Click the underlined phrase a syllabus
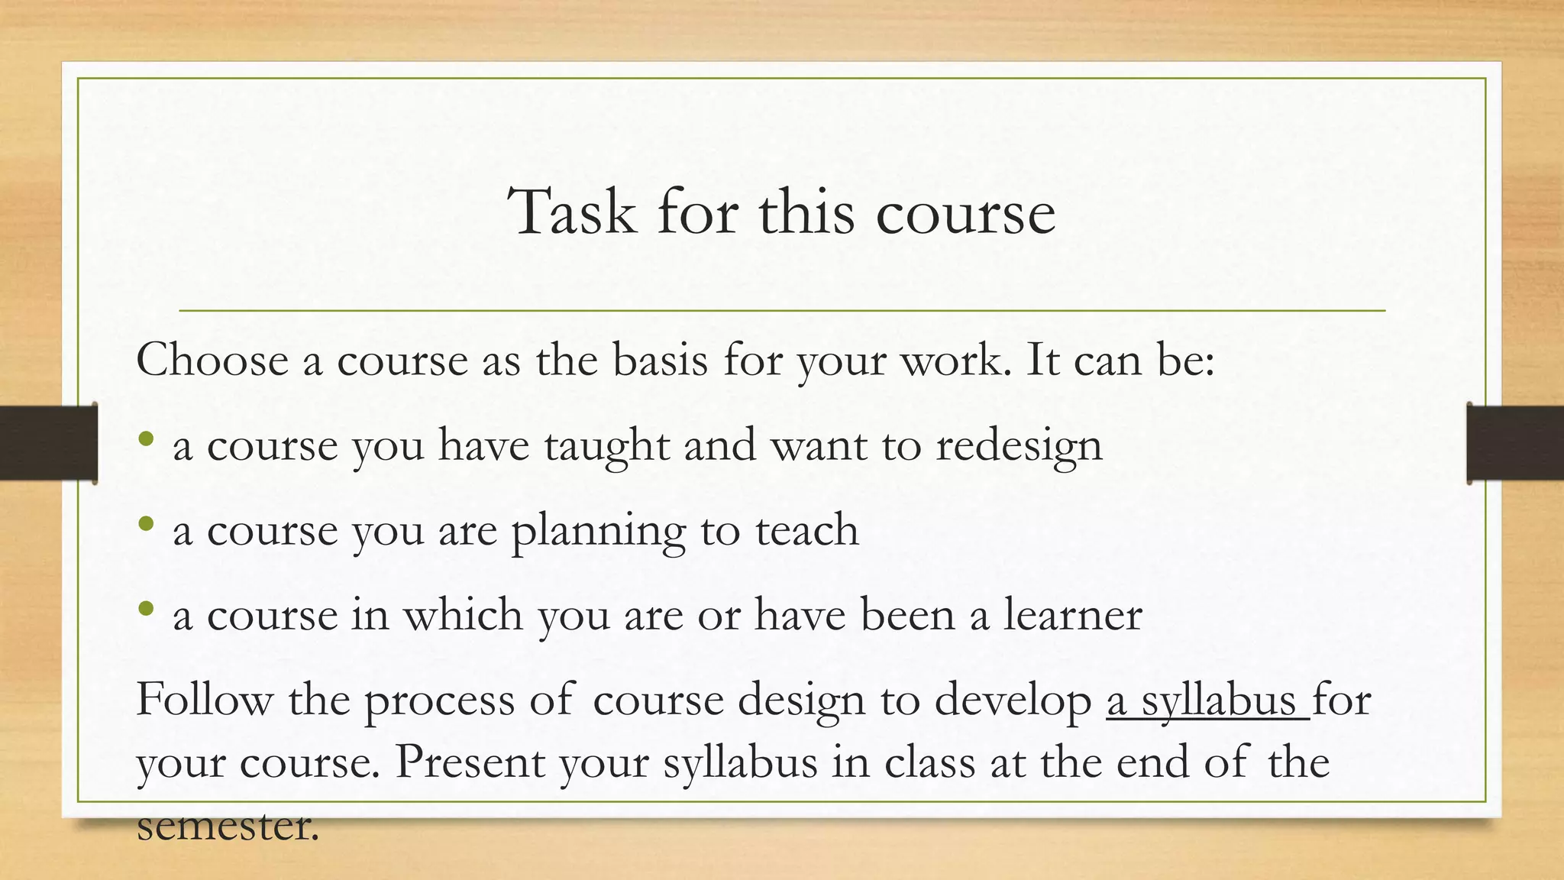tap(1207, 700)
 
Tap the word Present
tap(470, 762)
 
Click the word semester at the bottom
tap(227, 825)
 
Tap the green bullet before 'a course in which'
tap(147, 609)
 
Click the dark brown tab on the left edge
tap(48, 443)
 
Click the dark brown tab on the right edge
tap(1515, 443)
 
